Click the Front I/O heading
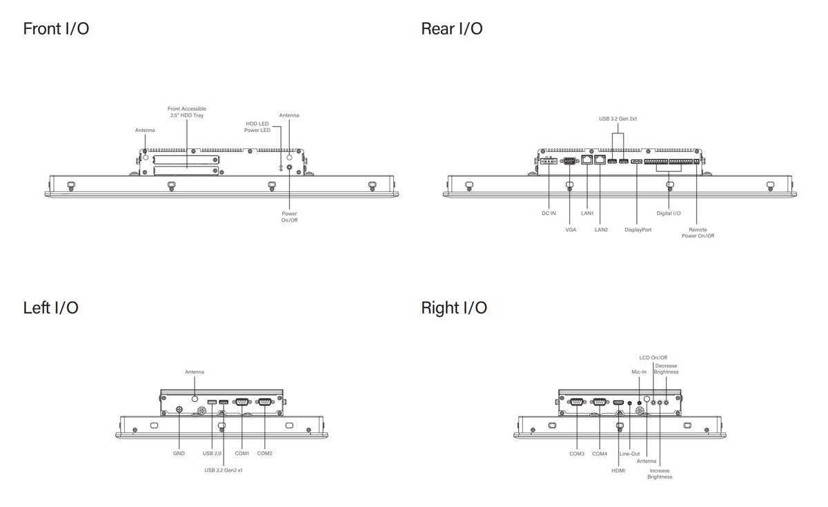pyautogui.click(x=56, y=29)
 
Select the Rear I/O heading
pyautogui.click(x=451, y=29)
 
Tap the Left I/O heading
pyautogui.click(x=50, y=308)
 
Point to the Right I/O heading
pyautogui.click(x=454, y=308)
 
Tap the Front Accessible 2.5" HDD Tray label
pyautogui.click(x=188, y=112)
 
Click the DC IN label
pyautogui.click(x=549, y=213)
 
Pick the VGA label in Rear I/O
pyautogui.click(x=571, y=229)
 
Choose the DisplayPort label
pyautogui.click(x=638, y=229)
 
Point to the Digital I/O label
pyautogui.click(x=669, y=213)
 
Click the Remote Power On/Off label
pyautogui.click(x=698, y=233)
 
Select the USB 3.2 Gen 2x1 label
pyautogui.click(x=618, y=119)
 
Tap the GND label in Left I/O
pyautogui.click(x=179, y=454)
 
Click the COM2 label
pyautogui.click(x=265, y=454)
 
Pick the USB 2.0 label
pyautogui.click(x=212, y=454)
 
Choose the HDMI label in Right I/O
pyautogui.click(x=618, y=470)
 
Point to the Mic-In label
pyautogui.click(x=639, y=372)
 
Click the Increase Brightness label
pyautogui.click(x=660, y=474)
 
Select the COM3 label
pyautogui.click(x=577, y=454)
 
